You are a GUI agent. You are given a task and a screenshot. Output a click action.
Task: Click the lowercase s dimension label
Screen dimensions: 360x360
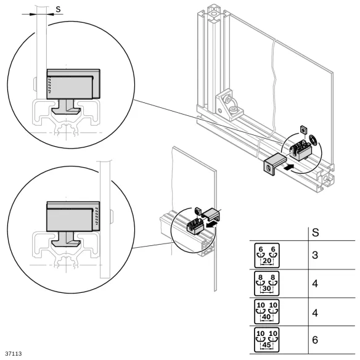[x=58, y=9]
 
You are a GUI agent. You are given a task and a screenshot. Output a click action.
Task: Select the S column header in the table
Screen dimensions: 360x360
[x=316, y=233]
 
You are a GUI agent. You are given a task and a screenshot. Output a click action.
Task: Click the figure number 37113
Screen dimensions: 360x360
[x=13, y=354]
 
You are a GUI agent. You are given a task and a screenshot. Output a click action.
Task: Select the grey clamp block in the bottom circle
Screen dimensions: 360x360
[x=72, y=216]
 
